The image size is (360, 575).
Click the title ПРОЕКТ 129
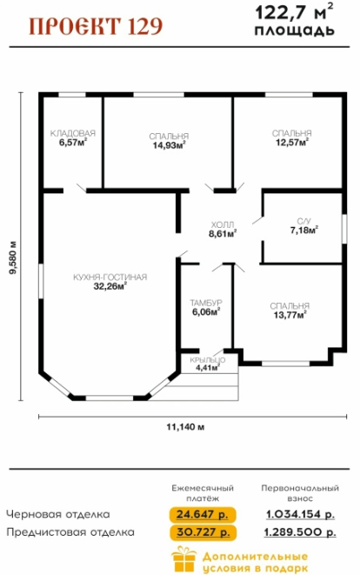point(96,26)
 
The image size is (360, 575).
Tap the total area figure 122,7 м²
point(295,12)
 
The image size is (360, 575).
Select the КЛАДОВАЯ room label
point(72,133)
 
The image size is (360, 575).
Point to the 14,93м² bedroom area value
point(169,145)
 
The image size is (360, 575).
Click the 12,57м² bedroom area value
point(291,142)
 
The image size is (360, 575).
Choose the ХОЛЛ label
point(223,224)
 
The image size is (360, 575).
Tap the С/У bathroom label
point(303,222)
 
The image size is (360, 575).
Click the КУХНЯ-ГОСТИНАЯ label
point(110,277)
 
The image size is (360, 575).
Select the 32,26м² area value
point(110,286)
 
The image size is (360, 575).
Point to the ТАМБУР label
point(206,303)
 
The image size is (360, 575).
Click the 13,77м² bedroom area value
point(290,315)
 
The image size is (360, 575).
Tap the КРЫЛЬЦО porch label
point(208,360)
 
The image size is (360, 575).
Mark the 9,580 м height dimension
point(13,257)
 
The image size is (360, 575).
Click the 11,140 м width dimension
point(185,427)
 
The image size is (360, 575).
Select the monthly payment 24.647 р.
point(203,514)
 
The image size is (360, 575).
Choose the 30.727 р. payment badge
point(203,532)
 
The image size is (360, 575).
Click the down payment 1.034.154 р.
point(300,514)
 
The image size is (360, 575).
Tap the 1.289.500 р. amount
point(300,532)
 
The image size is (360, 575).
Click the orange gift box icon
point(184,558)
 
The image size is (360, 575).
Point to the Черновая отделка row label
point(58,514)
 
